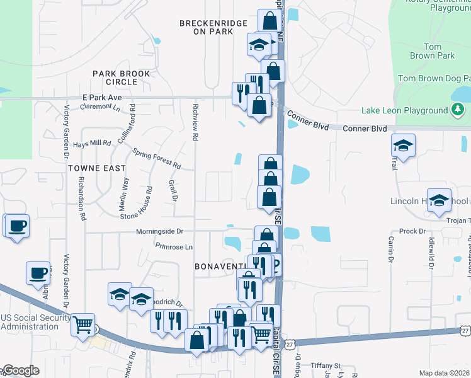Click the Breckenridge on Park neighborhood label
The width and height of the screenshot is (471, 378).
[x=207, y=26]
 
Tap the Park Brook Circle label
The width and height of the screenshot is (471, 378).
[x=122, y=77]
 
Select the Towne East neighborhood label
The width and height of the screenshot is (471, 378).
[x=97, y=168]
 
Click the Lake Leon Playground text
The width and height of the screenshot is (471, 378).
[x=404, y=111]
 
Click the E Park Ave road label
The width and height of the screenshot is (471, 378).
[x=101, y=98]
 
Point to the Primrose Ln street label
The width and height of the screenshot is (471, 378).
[x=174, y=247]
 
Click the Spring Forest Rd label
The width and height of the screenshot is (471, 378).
[x=157, y=159]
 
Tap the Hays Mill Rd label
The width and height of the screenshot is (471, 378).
[x=92, y=144]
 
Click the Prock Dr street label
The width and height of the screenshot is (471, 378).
[x=413, y=231]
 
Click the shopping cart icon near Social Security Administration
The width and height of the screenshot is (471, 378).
[x=83, y=324]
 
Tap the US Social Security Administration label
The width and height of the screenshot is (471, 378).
[x=30, y=322]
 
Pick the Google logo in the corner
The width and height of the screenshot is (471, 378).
[x=20, y=370]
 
